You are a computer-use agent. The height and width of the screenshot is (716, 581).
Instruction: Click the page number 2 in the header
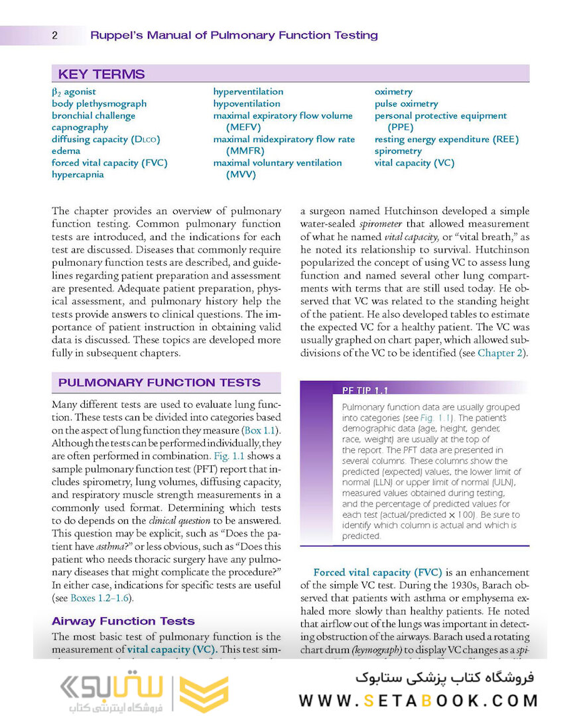[54, 36]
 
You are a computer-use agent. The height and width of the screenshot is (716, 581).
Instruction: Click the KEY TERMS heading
[101, 74]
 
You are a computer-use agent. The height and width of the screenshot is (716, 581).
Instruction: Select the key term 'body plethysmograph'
[99, 103]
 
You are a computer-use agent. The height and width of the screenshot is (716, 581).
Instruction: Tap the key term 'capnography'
[80, 127]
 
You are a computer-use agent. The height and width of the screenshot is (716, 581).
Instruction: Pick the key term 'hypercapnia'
[78, 175]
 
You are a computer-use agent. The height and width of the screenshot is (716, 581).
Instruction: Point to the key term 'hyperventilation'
[248, 91]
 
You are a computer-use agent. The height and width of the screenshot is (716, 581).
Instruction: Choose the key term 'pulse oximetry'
[406, 103]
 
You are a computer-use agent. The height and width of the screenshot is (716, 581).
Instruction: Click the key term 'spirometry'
[398, 151]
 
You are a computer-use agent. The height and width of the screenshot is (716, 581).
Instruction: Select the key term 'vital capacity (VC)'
[415, 163]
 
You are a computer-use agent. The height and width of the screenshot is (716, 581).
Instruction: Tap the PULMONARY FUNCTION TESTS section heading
[159, 383]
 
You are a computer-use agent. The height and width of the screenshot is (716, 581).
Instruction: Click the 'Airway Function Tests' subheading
[123, 621]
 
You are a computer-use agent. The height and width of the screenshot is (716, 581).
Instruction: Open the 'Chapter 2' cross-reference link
[501, 353]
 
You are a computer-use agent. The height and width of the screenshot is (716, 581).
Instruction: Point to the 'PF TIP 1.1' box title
[365, 390]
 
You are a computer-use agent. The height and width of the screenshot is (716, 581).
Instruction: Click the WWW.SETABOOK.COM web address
[418, 701]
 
